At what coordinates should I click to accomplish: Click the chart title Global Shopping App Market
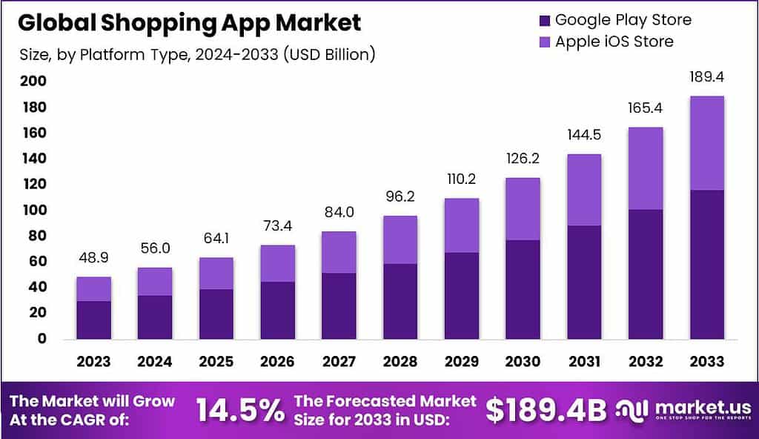point(190,23)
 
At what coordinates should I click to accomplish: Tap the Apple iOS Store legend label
point(614,42)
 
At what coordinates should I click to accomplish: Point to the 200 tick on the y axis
point(31,82)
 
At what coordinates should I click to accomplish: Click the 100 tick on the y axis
point(31,210)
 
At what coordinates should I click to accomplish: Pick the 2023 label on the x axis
point(93,361)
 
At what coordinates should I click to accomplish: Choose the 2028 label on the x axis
point(400,361)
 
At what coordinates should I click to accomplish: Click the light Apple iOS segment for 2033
point(706,142)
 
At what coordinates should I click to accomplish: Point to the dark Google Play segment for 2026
point(277,310)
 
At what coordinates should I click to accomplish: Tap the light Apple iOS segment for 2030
point(523,208)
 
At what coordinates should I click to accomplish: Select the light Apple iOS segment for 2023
point(93,288)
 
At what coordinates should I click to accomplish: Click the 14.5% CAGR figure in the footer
point(239,409)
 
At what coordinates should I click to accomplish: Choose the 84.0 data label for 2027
point(339,213)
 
